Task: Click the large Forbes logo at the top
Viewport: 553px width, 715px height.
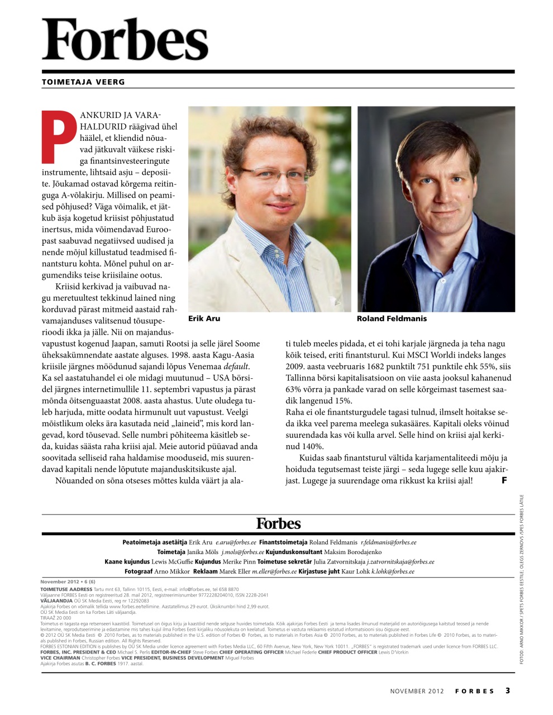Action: [125, 39]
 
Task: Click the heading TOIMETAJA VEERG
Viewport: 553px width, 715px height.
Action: [83, 82]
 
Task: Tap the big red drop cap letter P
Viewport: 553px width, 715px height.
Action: [59, 135]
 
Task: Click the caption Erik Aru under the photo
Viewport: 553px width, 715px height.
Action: [204, 318]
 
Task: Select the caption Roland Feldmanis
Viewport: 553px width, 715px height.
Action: [391, 318]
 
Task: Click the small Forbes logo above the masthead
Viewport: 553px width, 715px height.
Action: [278, 523]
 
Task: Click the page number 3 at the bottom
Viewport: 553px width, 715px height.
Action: [508, 690]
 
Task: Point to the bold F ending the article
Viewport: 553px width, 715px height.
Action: [504, 480]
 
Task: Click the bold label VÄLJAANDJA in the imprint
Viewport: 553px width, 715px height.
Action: [56, 600]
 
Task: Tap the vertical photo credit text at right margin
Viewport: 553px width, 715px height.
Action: [521, 578]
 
